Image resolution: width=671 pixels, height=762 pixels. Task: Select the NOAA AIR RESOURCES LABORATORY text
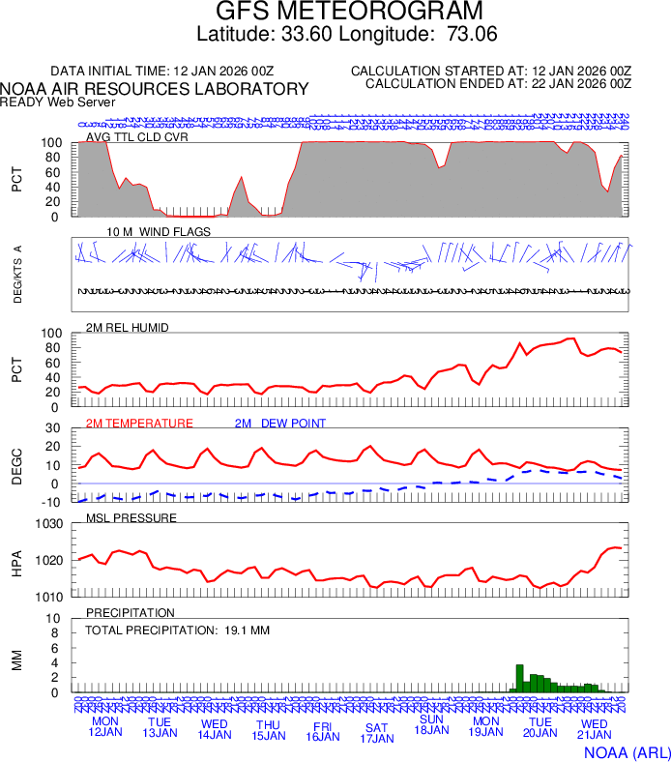[155, 89]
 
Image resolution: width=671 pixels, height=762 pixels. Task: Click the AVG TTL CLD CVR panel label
[137, 136]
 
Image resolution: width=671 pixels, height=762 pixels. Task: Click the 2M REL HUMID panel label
[128, 328]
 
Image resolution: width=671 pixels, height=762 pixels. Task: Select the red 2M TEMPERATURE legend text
[139, 423]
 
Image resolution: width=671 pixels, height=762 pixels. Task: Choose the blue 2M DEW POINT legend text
[279, 423]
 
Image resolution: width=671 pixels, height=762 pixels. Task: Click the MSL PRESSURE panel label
[131, 517]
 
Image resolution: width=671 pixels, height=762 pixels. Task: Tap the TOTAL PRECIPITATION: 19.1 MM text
[177, 630]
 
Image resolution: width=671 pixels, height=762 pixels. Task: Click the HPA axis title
[16, 561]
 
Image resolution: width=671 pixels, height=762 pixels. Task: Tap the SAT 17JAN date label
[377, 733]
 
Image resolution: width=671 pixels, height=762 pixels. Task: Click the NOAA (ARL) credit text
[627, 751]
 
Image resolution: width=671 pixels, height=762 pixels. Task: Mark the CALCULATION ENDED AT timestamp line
[498, 84]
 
